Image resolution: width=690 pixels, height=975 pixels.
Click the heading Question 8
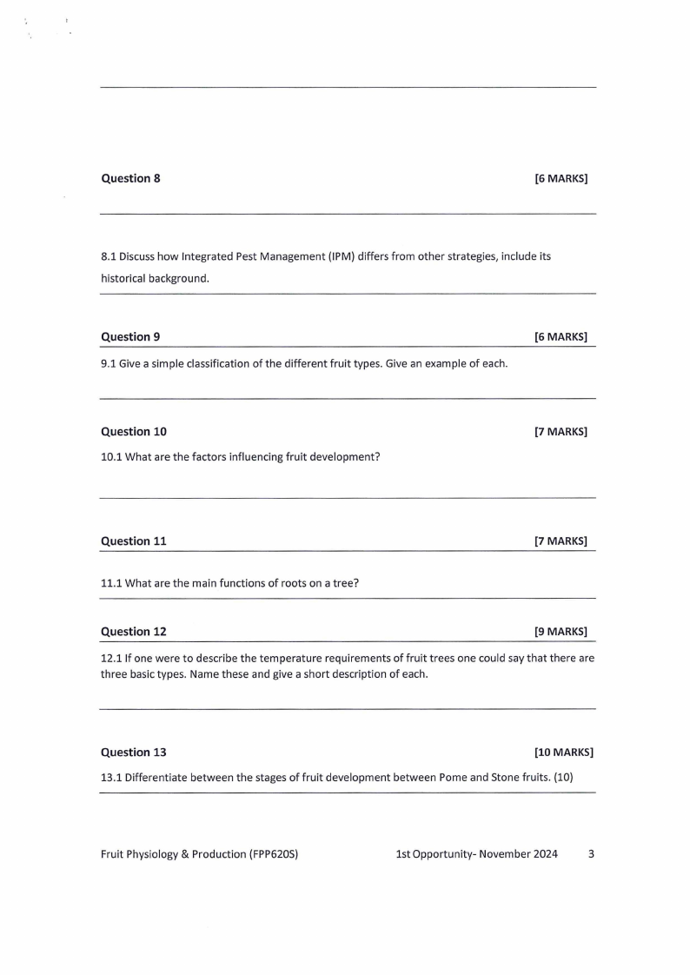pos(130,178)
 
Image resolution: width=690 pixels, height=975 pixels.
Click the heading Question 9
pos(130,336)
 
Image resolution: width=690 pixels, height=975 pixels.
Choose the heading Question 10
pos(134,431)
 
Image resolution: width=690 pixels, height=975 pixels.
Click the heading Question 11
pos(134,541)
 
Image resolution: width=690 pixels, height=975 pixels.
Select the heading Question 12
pos(134,631)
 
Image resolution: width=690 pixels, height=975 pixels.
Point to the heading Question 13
pos(134,752)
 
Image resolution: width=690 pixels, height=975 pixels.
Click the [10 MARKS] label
pos(564,752)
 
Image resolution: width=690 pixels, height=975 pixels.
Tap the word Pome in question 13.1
pos(453,777)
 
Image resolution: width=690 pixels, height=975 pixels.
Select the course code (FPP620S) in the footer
pos(274,854)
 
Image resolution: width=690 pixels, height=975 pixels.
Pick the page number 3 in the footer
pos(592,854)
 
